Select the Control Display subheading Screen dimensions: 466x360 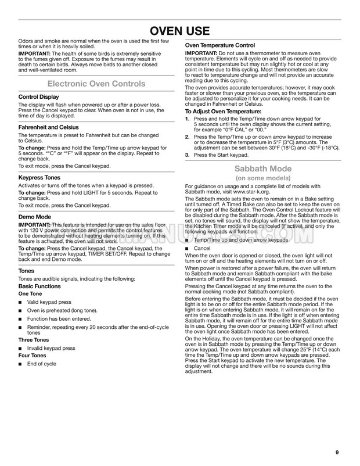pyautogui.click(x=38, y=96)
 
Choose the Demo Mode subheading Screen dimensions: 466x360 pyautogui.click(x=35, y=216)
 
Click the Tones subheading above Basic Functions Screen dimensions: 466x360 pyautogui.click(x=27, y=271)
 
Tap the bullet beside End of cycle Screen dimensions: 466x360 pyautogui.click(x=21, y=364)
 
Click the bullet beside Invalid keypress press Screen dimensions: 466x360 pyautogui.click(x=21, y=349)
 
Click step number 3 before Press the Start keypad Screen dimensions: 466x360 pyautogui.click(x=187, y=155)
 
